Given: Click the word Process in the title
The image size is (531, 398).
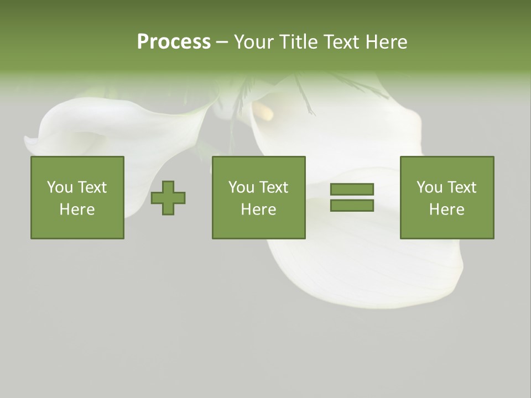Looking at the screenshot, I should [x=174, y=42].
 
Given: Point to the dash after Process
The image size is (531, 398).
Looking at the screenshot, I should [x=222, y=43].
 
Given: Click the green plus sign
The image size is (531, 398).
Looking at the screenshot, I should [x=169, y=198].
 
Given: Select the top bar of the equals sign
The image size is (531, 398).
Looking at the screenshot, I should [x=352, y=190].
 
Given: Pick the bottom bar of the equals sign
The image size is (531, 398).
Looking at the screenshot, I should [x=352, y=206].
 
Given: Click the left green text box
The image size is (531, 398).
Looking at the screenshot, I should [x=77, y=197].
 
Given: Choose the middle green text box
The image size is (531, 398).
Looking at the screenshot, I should [x=258, y=197].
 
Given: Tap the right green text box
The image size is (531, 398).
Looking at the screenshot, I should [x=447, y=197].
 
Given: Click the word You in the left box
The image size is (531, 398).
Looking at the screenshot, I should [x=60, y=187].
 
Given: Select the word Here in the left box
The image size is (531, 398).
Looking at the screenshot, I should [x=77, y=210].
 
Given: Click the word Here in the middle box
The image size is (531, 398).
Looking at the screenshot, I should [x=258, y=210].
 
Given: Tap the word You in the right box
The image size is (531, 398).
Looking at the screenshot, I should [x=430, y=187].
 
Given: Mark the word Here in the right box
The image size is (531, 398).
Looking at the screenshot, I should [x=447, y=210].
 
